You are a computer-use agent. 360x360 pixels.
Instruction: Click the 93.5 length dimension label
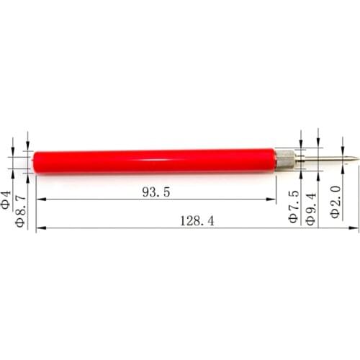156,192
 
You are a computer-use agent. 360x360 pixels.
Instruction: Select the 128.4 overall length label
197,221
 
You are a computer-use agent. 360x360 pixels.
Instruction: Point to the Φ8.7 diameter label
21,208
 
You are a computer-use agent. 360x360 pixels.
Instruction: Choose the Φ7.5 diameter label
294,206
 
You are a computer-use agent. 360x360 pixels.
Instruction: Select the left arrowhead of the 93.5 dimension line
39,199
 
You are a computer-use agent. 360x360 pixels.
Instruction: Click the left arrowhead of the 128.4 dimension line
39,228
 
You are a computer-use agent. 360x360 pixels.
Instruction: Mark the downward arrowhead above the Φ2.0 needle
336,154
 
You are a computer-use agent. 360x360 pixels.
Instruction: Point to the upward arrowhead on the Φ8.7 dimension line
27,176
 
